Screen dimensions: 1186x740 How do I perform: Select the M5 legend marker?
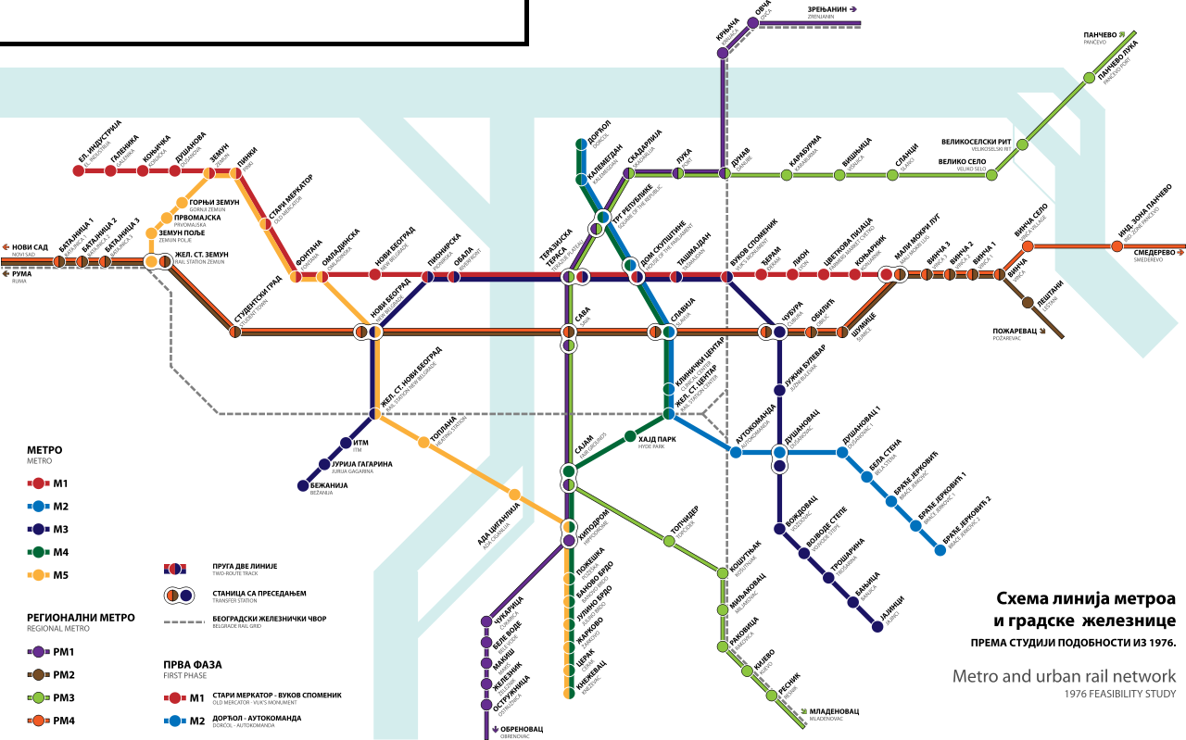tap(38, 575)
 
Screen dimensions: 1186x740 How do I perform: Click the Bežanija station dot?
tap(302, 484)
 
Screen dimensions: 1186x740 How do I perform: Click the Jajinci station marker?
tap(877, 626)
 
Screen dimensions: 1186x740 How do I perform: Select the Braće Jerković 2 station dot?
tap(940, 549)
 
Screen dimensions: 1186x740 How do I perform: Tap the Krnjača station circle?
tap(723, 52)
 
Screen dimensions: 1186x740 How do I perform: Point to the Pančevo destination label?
tap(1104, 38)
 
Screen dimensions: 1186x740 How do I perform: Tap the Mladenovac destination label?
tap(834, 712)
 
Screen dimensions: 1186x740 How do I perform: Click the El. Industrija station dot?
tap(78, 170)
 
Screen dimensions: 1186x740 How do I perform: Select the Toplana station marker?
tap(423, 442)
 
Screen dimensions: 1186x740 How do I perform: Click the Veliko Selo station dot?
tap(992, 172)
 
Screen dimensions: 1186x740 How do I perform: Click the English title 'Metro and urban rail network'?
tap(1064, 676)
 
